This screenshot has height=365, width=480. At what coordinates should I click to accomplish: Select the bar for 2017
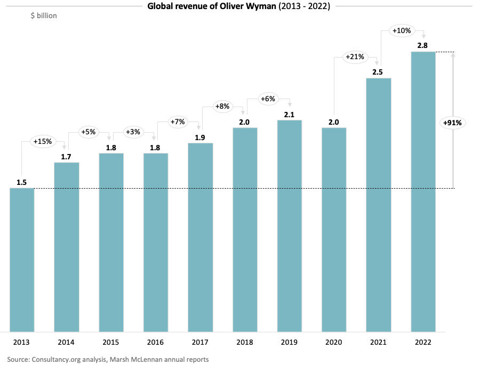pos(200,237)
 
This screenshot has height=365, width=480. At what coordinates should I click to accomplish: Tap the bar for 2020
pos(334,229)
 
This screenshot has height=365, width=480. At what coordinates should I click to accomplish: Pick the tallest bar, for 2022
pos(423,191)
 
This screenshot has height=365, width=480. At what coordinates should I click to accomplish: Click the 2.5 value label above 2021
pos(378,72)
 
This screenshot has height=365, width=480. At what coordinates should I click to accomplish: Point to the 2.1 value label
pos(289,114)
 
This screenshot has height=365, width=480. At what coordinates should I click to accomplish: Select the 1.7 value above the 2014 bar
pos(67,156)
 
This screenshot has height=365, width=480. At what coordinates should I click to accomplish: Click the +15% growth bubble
pos(42,142)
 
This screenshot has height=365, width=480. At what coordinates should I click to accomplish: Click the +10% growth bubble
pos(401,31)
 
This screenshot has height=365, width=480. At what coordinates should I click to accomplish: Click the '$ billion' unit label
pos(44,16)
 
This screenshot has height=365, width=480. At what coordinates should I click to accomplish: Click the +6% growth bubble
pos(268,99)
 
